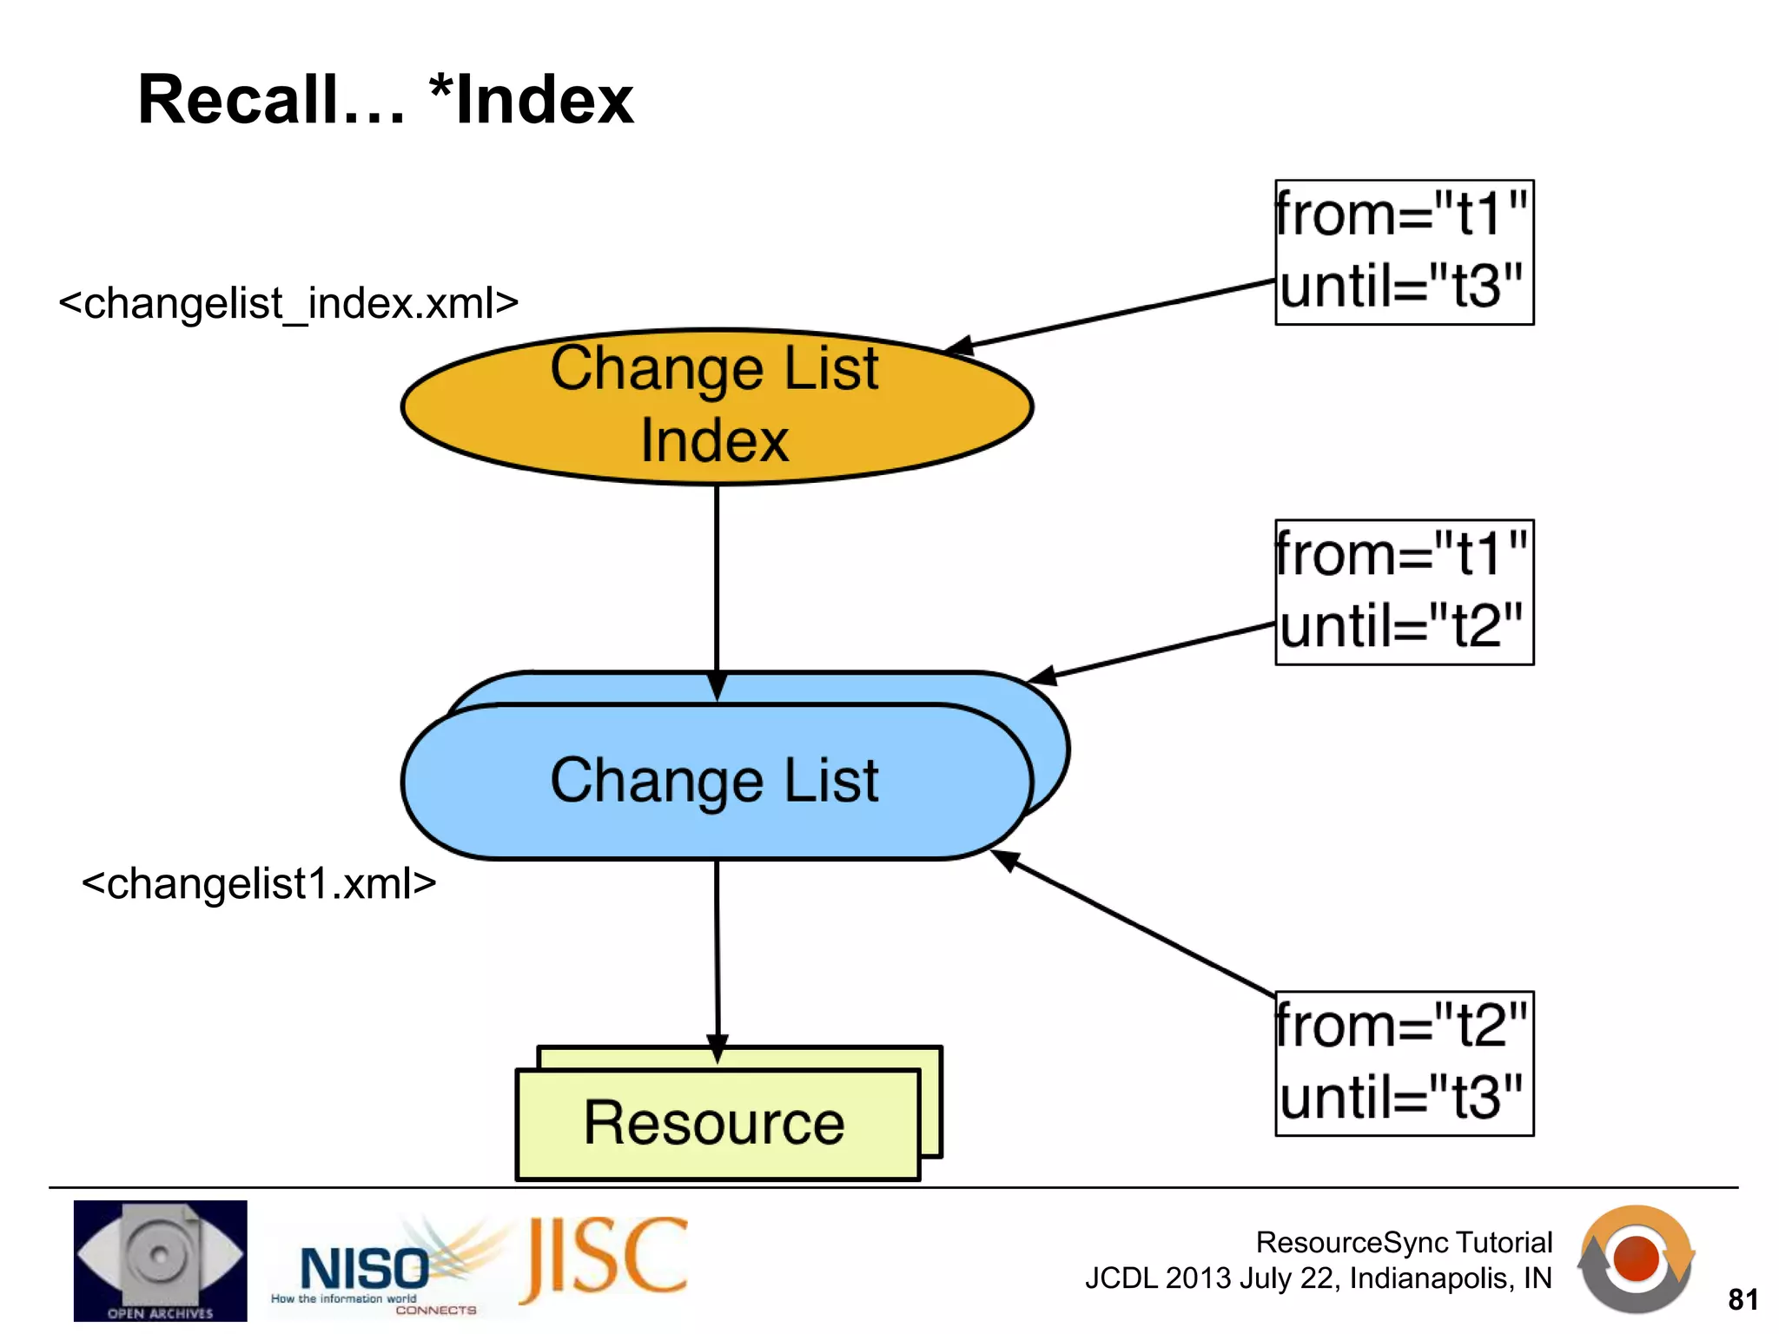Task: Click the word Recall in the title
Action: tap(269, 100)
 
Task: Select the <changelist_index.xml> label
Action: tap(288, 303)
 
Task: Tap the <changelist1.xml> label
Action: tap(258, 883)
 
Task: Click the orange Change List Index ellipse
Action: tap(716, 406)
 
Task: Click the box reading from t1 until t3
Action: tap(1404, 252)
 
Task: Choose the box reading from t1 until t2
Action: tap(1404, 592)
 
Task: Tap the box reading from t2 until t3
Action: tap(1404, 1063)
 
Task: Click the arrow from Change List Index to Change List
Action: tap(717, 582)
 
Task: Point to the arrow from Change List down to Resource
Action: tap(718, 955)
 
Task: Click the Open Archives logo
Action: tap(160, 1260)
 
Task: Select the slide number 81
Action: tap(1743, 1299)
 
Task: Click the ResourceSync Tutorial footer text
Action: tap(1404, 1243)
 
